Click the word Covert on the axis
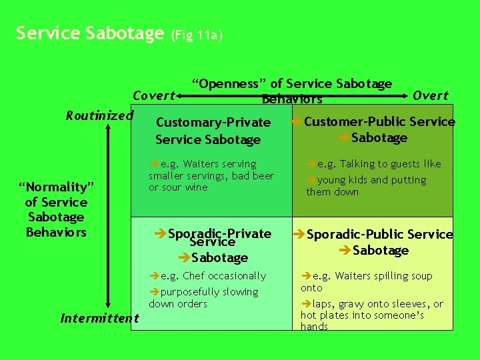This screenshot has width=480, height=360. pos(154,96)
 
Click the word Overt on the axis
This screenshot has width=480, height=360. pos(431,96)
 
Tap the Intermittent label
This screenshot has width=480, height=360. pos(100,318)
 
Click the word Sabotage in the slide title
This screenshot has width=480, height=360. pos(131,33)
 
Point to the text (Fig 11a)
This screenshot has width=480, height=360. pos(197,35)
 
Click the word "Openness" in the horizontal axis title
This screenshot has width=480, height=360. pos(229,84)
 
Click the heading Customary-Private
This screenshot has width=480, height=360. pos(213,122)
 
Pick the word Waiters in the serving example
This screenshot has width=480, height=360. pos(205,164)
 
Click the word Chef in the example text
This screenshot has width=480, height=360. pos(195,276)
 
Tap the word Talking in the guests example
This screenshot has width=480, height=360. pos(360,164)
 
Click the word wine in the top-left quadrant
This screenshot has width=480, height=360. pos(197,187)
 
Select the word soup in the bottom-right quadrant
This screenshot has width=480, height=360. pos(421,276)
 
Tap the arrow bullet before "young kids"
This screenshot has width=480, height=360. pos(312,180)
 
